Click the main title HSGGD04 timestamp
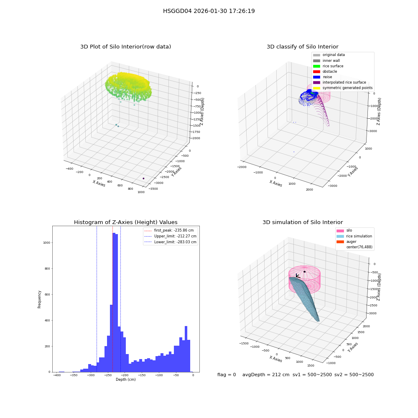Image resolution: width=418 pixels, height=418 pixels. tap(209, 11)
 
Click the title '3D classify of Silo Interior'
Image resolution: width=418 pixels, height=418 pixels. tap(303, 47)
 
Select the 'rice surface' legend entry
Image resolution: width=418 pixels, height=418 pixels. tap(328, 66)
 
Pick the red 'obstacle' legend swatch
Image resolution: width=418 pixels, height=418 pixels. tap(316, 71)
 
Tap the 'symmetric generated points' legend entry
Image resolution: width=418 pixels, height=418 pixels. tap(343, 88)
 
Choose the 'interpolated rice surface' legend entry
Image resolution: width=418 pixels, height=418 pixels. tap(339, 82)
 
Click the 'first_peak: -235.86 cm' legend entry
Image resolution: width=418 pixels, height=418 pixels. tap(169, 230)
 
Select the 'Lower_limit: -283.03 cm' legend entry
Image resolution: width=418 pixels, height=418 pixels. tap(171, 242)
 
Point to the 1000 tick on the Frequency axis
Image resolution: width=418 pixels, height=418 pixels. tap(47, 242)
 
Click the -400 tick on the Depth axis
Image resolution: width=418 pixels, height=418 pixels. tap(56, 375)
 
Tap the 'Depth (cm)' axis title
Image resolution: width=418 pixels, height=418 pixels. tap(125, 380)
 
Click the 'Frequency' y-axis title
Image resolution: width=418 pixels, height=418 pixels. tap(39, 299)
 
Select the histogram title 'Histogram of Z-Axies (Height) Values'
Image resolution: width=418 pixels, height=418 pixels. tap(125, 222)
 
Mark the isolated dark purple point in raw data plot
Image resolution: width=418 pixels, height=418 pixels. tap(143, 178)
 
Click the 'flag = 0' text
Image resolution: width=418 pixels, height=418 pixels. tap(227, 375)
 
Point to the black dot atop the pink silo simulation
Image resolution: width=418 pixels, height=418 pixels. tap(304, 272)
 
